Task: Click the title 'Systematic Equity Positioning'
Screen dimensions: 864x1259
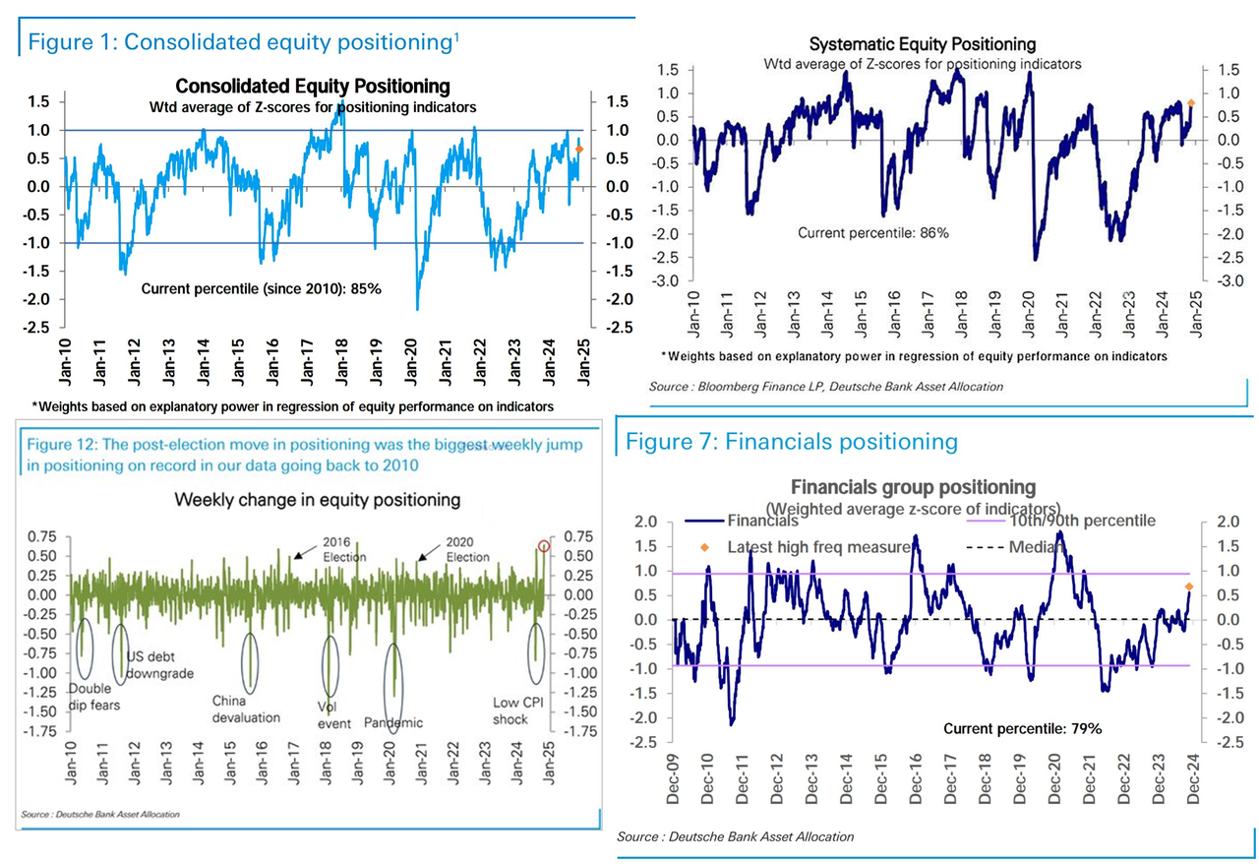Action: [922, 44]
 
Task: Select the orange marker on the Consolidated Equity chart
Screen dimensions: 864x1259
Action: [579, 150]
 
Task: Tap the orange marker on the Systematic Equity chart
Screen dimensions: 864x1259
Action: [1190, 102]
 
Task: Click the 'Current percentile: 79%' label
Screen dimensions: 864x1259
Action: [1023, 729]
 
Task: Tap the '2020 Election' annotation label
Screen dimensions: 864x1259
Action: [467, 549]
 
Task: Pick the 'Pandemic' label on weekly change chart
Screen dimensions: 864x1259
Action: [393, 723]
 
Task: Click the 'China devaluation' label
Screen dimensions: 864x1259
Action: [246, 709]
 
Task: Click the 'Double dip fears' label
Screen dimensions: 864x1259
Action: [90, 697]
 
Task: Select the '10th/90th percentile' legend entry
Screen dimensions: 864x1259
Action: [1081, 521]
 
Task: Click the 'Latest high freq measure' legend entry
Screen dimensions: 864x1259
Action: [816, 547]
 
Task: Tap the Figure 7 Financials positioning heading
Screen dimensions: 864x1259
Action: [792, 442]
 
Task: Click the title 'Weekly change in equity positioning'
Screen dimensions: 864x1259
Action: [317, 500]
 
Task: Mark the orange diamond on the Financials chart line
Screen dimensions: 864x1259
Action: [1188, 587]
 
